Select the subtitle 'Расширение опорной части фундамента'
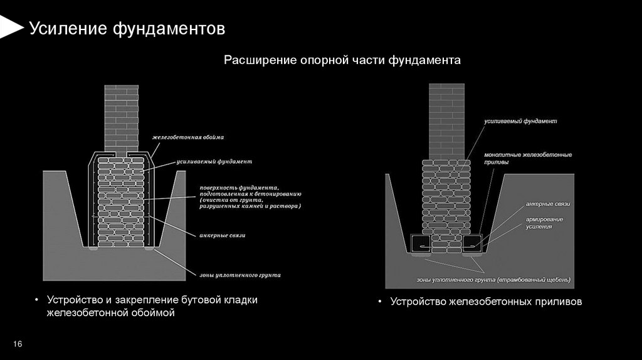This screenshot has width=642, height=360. coord(343,60)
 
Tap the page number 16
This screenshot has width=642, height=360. coord(17,344)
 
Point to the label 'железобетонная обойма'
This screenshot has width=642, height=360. coord(187,137)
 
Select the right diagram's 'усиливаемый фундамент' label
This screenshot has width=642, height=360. coord(520,120)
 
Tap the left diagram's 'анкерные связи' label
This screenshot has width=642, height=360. coord(222,235)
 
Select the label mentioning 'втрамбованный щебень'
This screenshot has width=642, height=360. coord(494,279)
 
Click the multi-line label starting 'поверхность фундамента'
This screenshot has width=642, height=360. coord(250,196)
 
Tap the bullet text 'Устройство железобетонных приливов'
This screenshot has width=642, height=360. coord(486,302)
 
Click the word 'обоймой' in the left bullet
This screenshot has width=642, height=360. coord(152,312)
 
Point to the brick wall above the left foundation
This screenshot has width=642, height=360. coord(121,116)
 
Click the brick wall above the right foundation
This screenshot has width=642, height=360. coord(446,119)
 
